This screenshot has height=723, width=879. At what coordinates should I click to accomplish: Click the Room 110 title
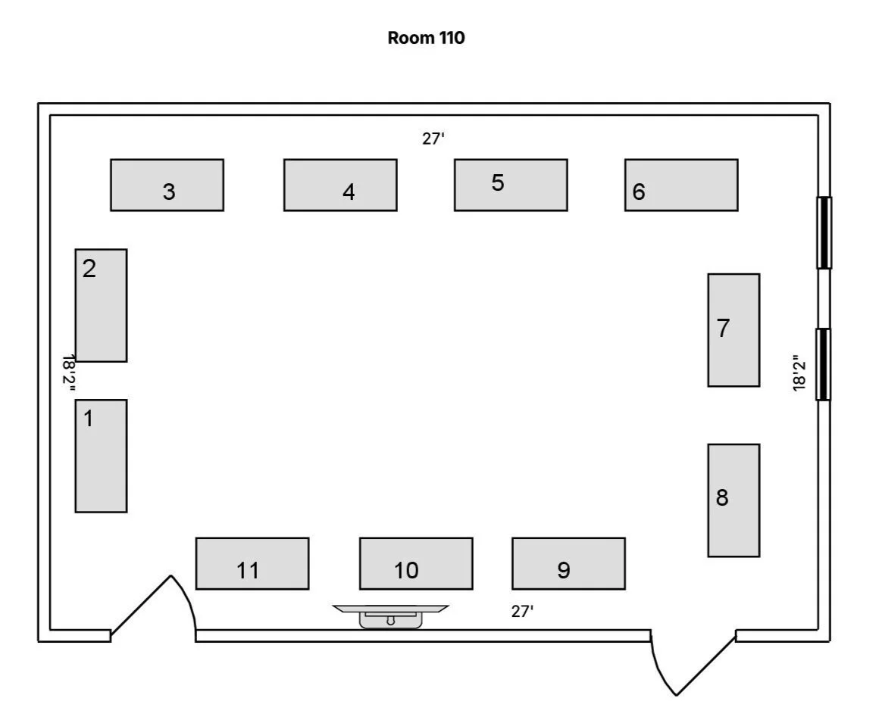coord(426,38)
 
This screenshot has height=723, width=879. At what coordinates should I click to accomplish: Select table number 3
coord(167,185)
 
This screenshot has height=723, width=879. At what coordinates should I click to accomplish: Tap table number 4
coord(340,185)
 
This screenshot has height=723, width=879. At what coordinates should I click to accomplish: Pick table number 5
coord(511,185)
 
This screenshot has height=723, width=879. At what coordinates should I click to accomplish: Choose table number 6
coord(681,185)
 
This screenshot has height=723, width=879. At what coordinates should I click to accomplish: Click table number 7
coord(734,330)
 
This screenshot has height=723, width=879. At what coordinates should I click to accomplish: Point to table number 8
coord(734,500)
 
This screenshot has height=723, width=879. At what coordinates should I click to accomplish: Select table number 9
coord(568,563)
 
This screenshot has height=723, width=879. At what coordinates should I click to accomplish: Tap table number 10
coord(416,563)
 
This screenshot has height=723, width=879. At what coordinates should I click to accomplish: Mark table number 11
coord(252,563)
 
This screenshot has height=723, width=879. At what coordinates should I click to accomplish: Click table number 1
coord(101,456)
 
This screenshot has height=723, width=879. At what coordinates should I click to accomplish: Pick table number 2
coord(101,305)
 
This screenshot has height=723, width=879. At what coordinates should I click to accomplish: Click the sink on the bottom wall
coord(391,616)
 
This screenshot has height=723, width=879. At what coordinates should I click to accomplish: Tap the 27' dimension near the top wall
coord(432,139)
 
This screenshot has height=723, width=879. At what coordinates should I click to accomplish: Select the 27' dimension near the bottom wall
coord(522,612)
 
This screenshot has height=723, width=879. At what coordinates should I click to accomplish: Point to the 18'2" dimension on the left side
coord(69,372)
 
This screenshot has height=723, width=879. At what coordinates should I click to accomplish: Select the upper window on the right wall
coord(824,232)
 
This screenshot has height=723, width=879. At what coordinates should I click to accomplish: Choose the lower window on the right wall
coord(824,364)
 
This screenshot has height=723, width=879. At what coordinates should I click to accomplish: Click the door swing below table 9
coord(686,662)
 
